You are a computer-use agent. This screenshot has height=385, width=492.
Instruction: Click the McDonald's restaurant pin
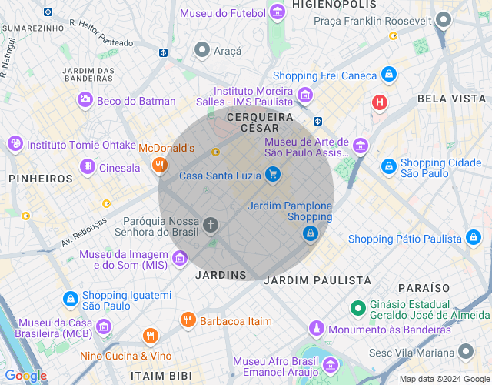click(159, 164)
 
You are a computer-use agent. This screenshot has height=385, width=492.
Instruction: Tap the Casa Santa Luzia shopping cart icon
click(272, 176)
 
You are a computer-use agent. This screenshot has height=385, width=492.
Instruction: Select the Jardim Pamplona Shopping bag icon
click(310, 233)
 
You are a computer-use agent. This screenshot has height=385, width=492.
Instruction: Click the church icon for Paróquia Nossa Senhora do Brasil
click(211, 225)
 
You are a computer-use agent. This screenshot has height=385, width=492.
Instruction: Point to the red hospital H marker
click(379, 102)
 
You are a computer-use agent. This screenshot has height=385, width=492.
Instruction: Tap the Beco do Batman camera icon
click(85, 100)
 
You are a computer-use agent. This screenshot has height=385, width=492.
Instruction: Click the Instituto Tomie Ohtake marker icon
click(15, 144)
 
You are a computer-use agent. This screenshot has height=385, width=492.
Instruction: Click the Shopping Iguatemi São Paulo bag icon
click(70, 298)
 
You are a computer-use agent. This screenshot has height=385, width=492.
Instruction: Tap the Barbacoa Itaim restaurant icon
click(188, 320)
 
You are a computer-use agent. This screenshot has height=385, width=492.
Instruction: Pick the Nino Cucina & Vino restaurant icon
click(150, 336)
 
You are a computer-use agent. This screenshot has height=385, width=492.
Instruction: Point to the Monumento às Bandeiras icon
click(315, 329)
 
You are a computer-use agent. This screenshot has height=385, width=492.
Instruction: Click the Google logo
click(25, 375)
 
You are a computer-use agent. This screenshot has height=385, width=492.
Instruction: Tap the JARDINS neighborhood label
click(221, 275)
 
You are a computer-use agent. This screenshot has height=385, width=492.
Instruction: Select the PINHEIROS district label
click(40, 179)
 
